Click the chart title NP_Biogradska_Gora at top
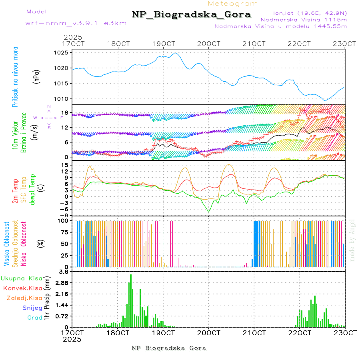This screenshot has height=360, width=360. point(191,15)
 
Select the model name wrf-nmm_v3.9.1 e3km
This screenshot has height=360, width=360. point(76,23)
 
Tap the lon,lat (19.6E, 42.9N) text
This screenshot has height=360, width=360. point(310,13)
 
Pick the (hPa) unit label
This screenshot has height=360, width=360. point(36,76)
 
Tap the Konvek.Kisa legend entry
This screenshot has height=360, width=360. point(23,288)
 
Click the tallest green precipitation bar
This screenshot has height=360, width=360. point(130,300)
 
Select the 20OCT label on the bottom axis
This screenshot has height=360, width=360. point(208,333)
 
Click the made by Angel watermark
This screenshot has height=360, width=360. point(352,240)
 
